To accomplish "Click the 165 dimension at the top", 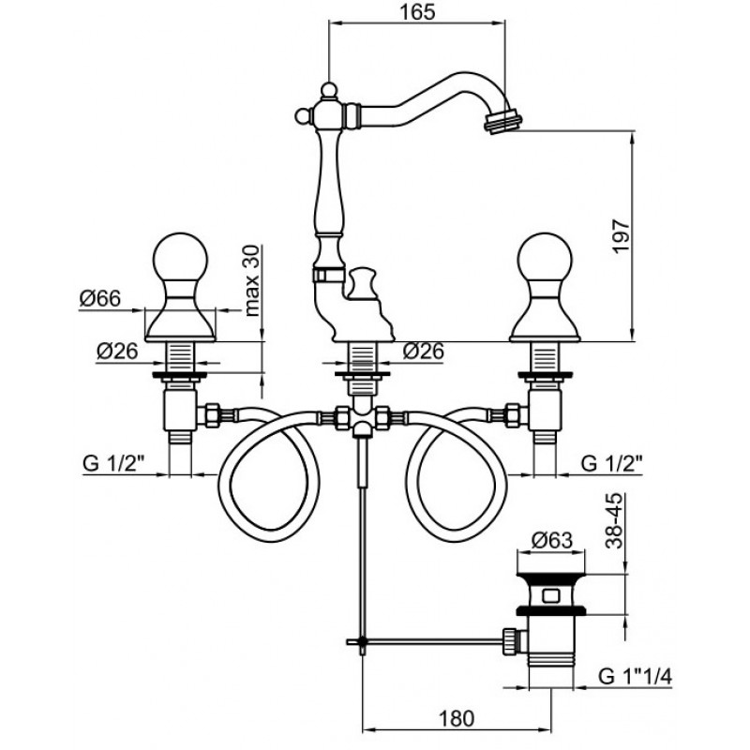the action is [417, 12].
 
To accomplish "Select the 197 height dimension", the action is [622, 237].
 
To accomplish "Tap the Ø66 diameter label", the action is [100, 299].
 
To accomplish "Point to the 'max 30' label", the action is [252, 280].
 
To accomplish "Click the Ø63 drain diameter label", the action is [551, 541].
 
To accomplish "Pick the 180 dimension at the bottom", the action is [456, 718].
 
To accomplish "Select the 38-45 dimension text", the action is [614, 520].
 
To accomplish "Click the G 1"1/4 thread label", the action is [636, 677].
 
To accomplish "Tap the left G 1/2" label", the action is [113, 463].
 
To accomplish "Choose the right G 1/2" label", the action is [612, 463].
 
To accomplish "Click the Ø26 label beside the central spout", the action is [424, 352].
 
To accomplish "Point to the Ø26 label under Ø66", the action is [117, 352].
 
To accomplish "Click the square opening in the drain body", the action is [551, 596].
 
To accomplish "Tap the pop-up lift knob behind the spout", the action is [362, 283].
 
